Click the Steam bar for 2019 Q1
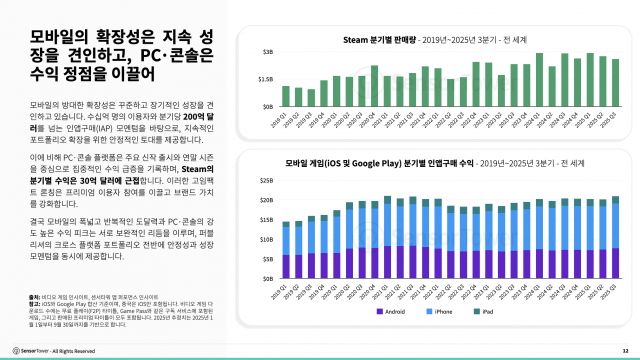point(286,96)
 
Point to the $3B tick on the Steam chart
point(268,50)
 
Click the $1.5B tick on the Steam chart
point(266,78)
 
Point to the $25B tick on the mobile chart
point(267,182)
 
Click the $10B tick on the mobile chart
point(267,239)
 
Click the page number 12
point(624,350)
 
